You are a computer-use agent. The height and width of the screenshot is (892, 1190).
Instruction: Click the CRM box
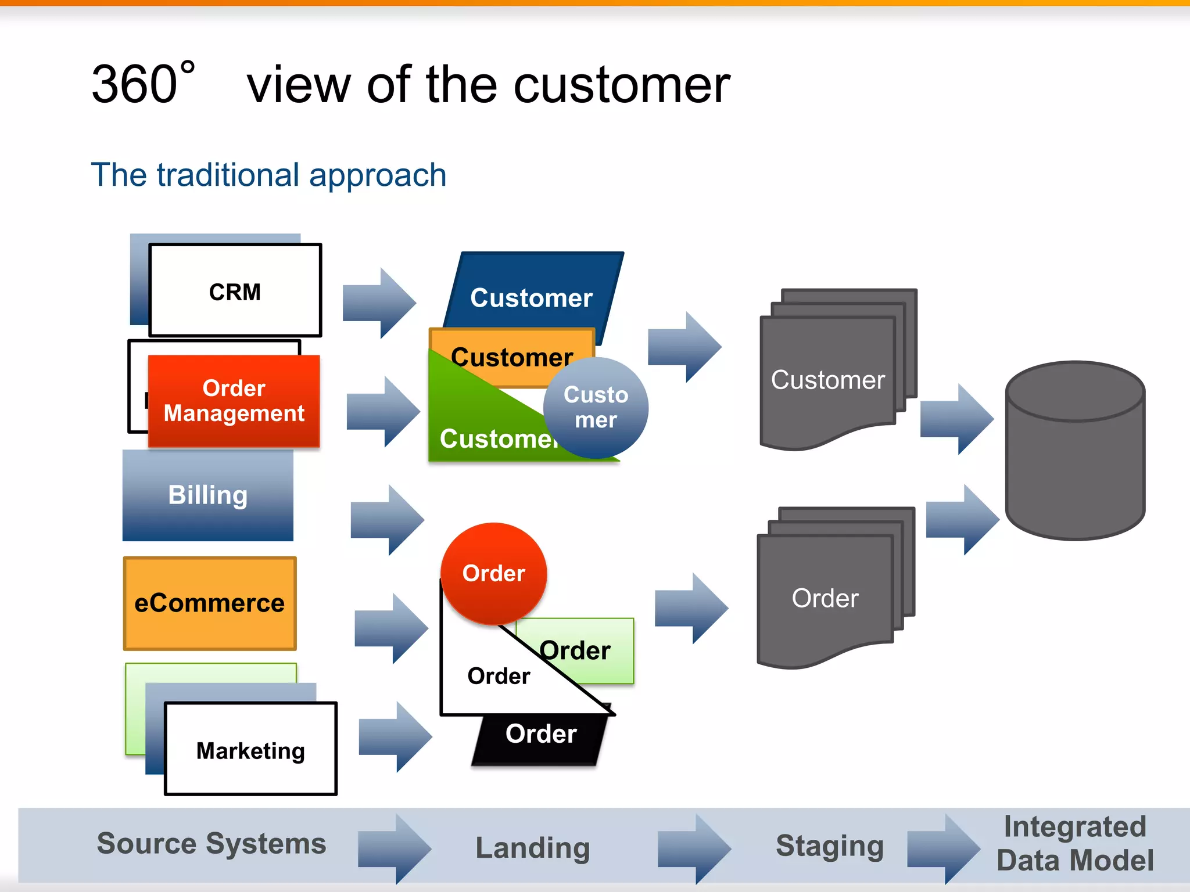pos(235,290)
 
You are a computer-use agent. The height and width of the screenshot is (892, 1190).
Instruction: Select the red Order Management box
pos(234,401)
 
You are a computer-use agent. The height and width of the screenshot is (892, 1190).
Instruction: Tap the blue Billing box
pos(207,495)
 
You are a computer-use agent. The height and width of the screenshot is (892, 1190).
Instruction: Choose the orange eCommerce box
pos(210,603)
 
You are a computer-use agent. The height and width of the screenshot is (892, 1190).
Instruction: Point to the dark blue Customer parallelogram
pos(532,290)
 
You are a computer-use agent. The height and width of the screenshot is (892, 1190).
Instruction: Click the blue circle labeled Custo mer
pos(596,407)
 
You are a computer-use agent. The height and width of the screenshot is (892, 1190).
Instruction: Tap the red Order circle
pos(493,573)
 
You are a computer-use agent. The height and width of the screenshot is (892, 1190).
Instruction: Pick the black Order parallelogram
pos(540,738)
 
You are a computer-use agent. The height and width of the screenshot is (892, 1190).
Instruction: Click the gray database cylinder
pos(1075,453)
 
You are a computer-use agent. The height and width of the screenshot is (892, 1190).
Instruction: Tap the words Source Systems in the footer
pos(212,843)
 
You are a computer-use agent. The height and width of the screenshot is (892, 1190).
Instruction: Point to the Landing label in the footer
pos(532,848)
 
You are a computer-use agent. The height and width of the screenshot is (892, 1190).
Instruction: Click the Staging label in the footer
pos(830,846)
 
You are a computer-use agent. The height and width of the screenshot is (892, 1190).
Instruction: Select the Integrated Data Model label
pos(1075,843)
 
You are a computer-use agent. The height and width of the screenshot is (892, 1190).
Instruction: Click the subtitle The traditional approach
pos(268,175)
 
